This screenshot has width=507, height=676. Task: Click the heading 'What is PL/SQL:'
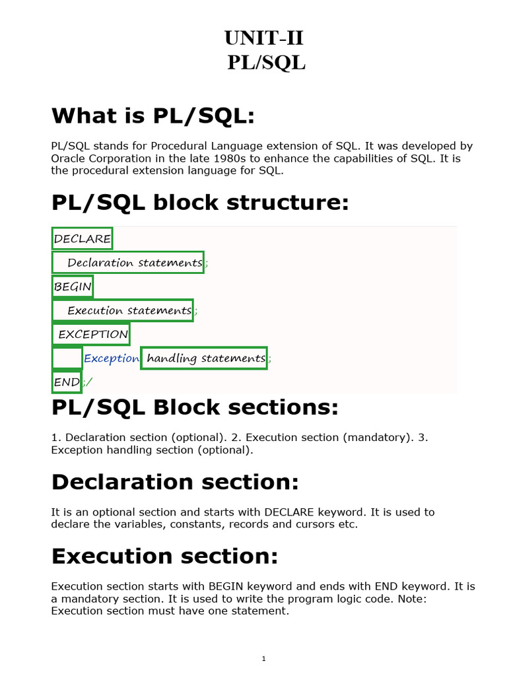[152, 116]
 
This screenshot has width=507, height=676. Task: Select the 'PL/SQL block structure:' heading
[199, 203]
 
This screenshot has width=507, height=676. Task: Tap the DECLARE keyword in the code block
[83, 238]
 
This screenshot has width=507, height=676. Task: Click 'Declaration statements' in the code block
[135, 262]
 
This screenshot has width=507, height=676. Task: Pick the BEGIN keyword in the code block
[73, 287]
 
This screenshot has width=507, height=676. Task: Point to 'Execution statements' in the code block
[129, 310]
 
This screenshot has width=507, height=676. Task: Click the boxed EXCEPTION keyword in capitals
[92, 334]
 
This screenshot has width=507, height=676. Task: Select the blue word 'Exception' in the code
[112, 358]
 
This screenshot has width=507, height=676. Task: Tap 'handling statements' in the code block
[205, 358]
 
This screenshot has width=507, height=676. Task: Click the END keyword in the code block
[67, 382]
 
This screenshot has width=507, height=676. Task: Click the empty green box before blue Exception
[67, 358]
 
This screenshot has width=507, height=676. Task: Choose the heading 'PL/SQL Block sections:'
[195, 407]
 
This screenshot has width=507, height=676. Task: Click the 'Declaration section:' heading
[175, 482]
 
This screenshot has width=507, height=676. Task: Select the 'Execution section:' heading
[164, 557]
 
